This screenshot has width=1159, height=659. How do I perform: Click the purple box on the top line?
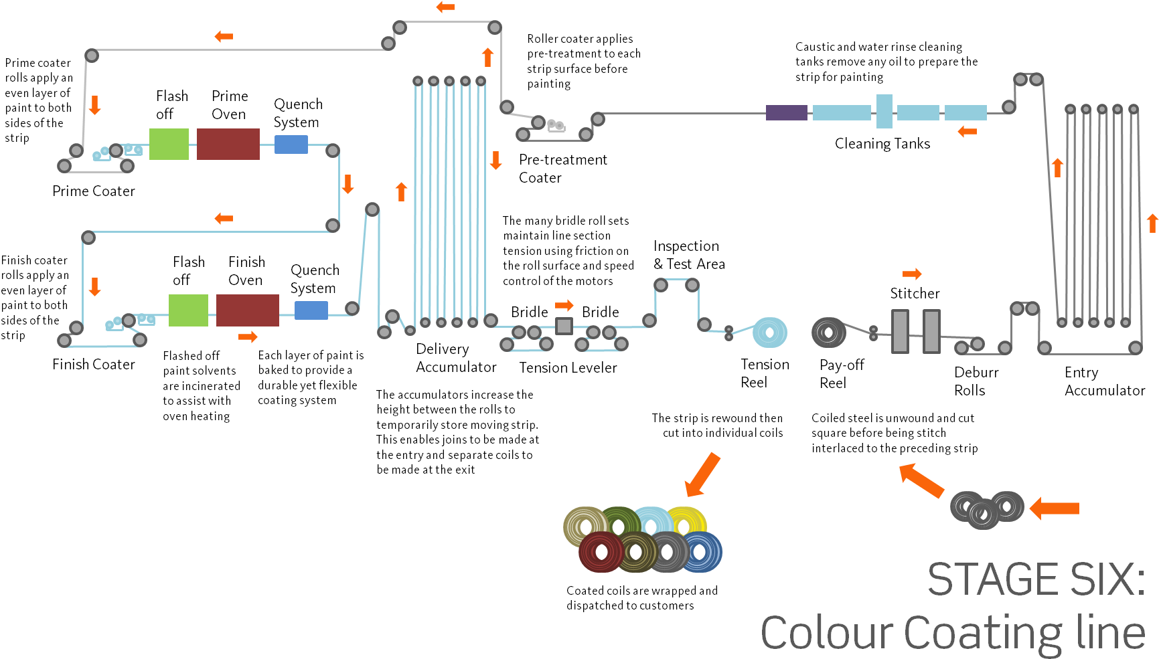[786, 112]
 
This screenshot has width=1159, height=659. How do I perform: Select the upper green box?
[169, 144]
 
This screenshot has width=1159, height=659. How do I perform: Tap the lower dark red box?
[247, 310]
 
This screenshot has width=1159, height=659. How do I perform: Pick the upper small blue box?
[291, 145]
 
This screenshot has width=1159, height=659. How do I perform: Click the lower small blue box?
[311, 310]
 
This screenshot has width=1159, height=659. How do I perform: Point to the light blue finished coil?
[770, 333]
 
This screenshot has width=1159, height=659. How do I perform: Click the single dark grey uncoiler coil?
[828, 332]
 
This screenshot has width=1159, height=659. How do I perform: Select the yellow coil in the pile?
[687, 522]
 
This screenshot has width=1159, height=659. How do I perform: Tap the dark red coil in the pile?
[600, 552]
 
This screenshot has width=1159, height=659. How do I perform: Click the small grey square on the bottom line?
[564, 326]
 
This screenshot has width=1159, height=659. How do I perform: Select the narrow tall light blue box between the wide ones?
[884, 111]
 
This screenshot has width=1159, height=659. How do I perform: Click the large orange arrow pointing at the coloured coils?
[703, 474]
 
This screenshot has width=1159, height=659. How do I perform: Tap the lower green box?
[188, 310]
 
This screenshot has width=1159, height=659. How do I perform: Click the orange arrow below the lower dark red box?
[248, 337]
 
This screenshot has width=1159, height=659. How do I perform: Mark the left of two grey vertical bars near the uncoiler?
[899, 331]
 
